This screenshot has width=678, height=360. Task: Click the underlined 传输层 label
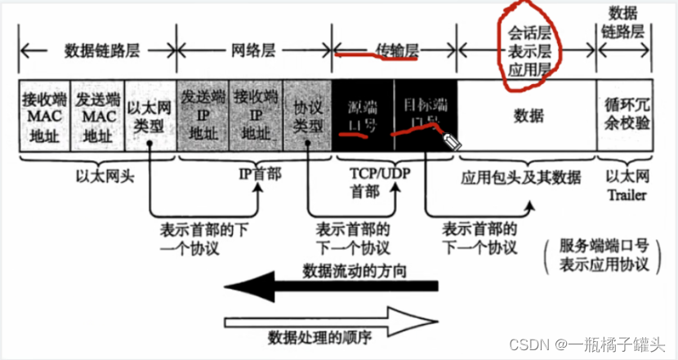coord(378,51)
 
